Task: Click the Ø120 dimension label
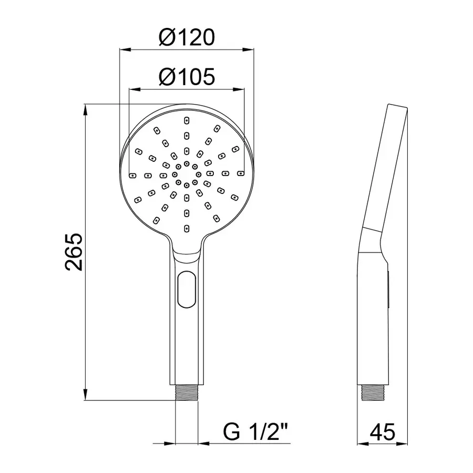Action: (187, 38)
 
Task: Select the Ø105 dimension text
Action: (187, 78)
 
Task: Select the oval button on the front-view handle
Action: (186, 289)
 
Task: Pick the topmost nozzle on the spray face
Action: (186, 120)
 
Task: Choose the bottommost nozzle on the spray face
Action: (186, 228)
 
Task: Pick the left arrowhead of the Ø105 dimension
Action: (133, 90)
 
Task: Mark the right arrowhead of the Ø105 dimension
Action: (241, 90)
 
